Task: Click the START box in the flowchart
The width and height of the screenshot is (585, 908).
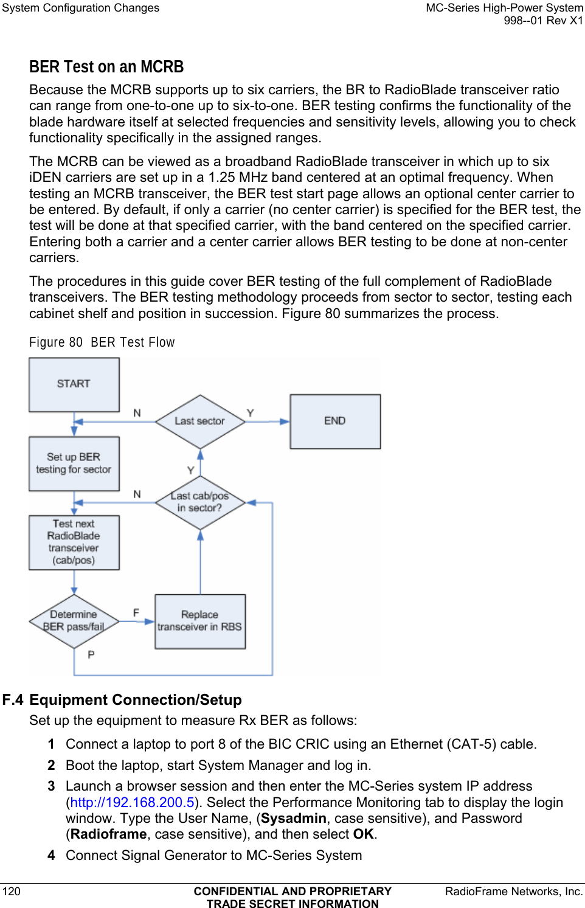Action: [x=74, y=384]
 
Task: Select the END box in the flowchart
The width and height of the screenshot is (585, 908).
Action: [x=335, y=421]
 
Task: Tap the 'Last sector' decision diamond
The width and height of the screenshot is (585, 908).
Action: [x=199, y=421]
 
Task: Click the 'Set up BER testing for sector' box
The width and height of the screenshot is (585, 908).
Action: [x=74, y=463]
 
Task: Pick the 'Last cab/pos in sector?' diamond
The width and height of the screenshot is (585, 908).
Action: [x=199, y=502]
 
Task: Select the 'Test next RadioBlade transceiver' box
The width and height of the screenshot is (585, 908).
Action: [x=74, y=542]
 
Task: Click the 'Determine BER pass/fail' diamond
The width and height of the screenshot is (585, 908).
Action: [x=74, y=621]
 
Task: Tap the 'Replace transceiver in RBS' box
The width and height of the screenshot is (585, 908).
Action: [x=199, y=621]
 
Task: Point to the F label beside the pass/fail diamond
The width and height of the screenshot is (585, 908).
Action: [x=136, y=612]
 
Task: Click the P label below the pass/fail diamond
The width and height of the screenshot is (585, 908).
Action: [x=91, y=654]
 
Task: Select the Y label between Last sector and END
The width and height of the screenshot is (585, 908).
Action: [x=250, y=413]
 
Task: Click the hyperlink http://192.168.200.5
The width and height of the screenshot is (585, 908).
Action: [x=133, y=802]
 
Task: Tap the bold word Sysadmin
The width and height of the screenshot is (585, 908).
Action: [x=294, y=818]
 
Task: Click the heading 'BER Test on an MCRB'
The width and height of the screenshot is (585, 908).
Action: [x=106, y=67]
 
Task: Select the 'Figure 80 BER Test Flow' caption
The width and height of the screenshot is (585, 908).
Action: [x=102, y=342]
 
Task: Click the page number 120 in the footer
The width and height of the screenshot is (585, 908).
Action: [x=12, y=891]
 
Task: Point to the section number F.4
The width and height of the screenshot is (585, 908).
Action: [x=13, y=700]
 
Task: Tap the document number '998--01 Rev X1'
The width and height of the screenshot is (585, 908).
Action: [x=543, y=21]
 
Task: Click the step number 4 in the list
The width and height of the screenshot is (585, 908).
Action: [x=52, y=855]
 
